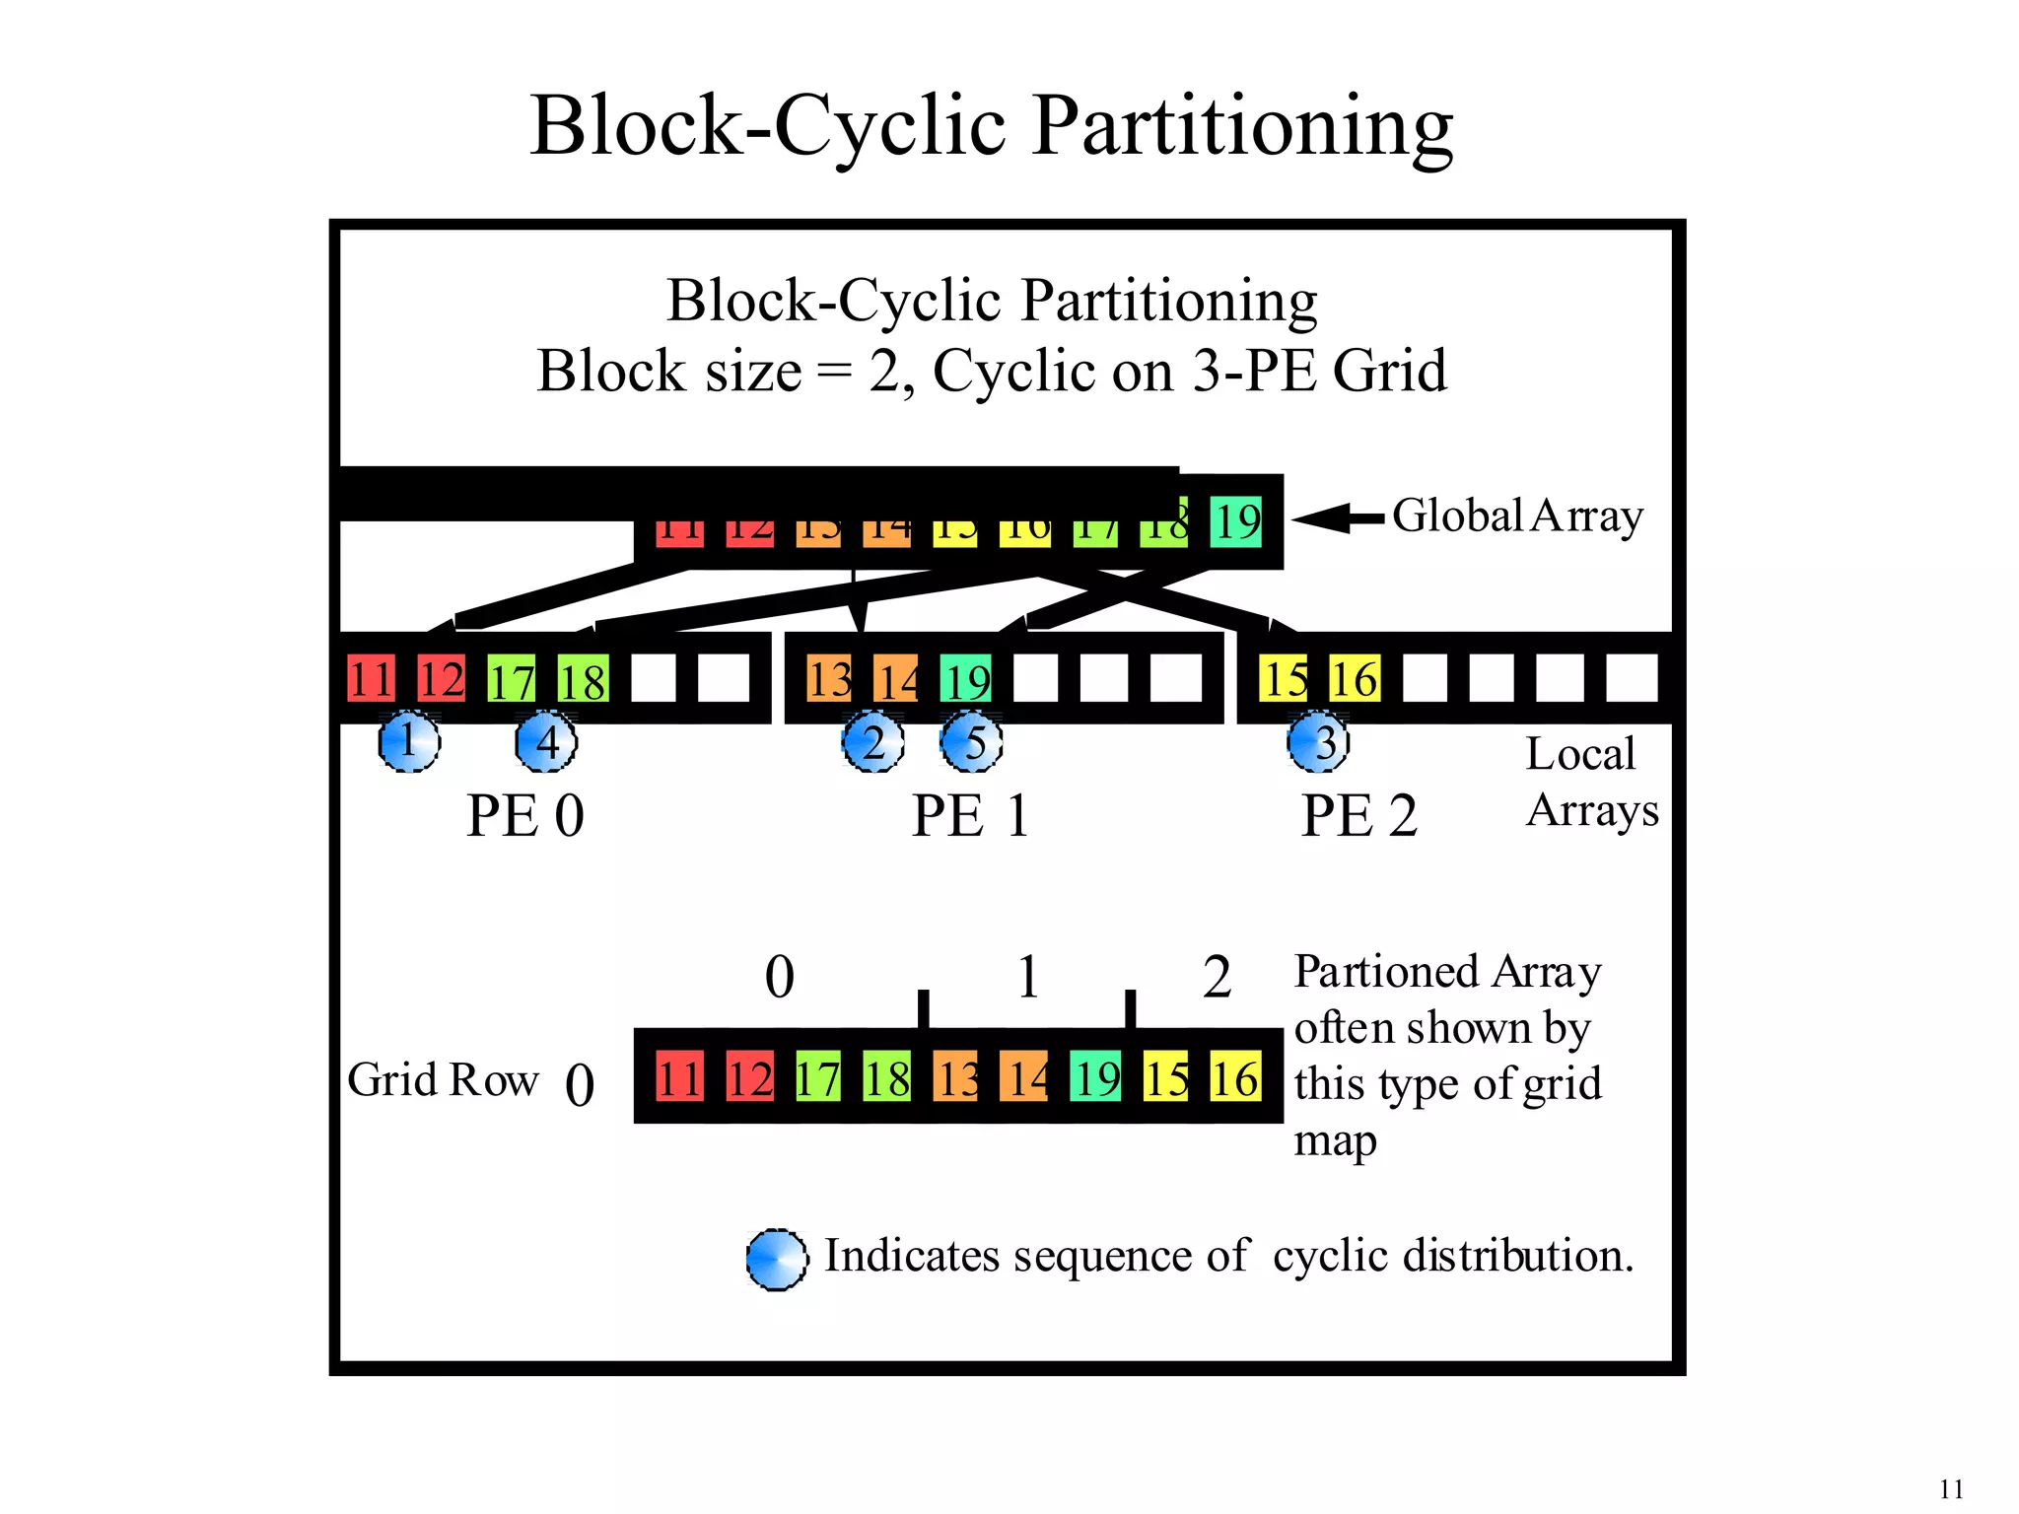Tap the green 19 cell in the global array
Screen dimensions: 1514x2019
(x=1235, y=520)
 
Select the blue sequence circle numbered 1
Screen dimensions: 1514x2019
(x=408, y=741)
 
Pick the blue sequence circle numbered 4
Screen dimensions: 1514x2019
(x=546, y=741)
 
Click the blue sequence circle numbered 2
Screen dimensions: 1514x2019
(x=872, y=742)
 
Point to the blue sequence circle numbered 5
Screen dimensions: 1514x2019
(x=971, y=742)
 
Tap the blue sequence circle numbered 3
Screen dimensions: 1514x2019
(x=1318, y=742)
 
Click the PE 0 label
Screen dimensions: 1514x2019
(x=524, y=816)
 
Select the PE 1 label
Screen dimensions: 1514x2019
(x=970, y=816)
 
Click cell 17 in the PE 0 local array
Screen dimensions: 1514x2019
(x=512, y=680)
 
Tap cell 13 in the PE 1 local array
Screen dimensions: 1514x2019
(x=829, y=679)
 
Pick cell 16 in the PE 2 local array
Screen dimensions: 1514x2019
(x=1354, y=679)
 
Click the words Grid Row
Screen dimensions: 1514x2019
(x=443, y=1079)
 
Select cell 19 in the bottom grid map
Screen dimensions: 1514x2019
(x=1096, y=1077)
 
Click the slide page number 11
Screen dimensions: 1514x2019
(x=1951, y=1488)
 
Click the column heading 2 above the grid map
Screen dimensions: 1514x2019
(x=1217, y=978)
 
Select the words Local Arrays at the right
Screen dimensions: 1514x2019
(x=1590, y=783)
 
